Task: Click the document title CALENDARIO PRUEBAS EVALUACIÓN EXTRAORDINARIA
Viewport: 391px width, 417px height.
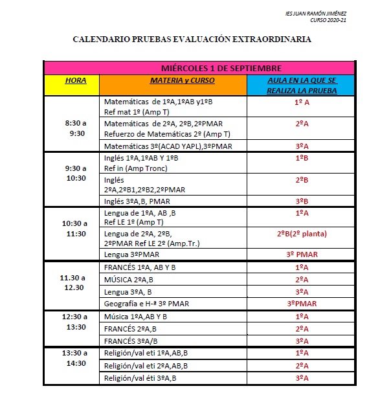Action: [192, 39]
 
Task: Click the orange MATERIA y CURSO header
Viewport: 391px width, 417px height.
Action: [173, 81]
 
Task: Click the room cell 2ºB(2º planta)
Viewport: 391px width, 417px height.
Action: [301, 234]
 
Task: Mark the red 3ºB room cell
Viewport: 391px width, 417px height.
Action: [301, 201]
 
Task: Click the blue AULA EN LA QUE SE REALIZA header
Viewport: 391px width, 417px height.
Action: [301, 85]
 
